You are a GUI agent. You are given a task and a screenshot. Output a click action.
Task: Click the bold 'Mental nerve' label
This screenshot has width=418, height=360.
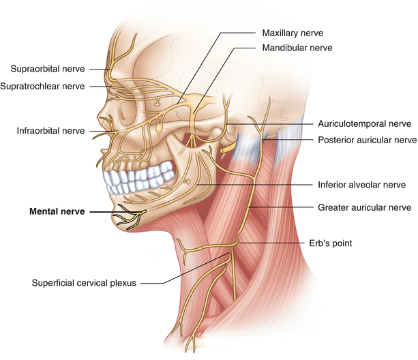coord(57,212)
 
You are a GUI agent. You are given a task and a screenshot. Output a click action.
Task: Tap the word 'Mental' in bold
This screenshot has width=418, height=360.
coord(44,212)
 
